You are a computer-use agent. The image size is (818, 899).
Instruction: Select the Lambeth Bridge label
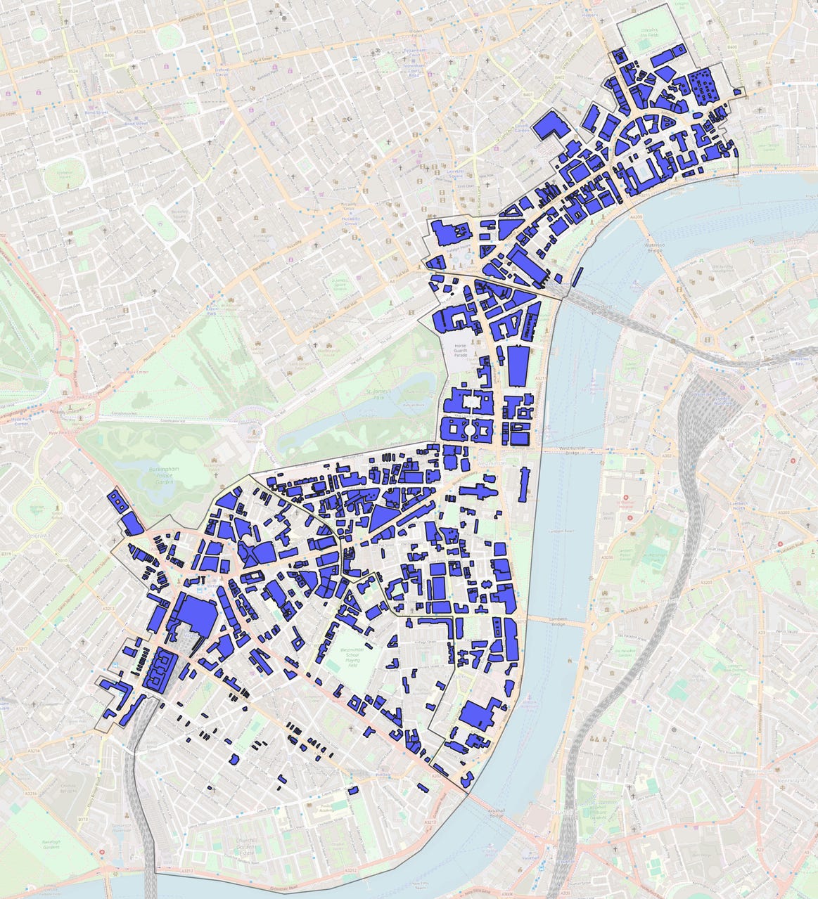tap(558, 622)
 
